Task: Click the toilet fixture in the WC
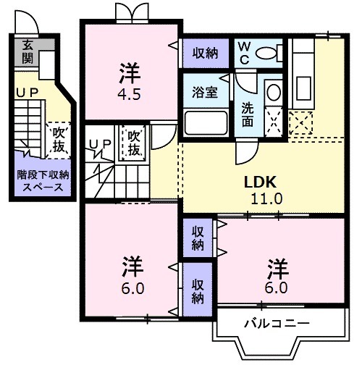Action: point(269,53)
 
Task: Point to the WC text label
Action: point(246,53)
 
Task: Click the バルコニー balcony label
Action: point(277,322)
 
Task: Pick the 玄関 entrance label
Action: point(28,52)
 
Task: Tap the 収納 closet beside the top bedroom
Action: point(205,52)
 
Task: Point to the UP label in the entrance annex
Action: point(27,93)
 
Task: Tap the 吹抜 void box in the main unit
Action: point(134,143)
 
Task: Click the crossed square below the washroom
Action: point(298,123)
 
